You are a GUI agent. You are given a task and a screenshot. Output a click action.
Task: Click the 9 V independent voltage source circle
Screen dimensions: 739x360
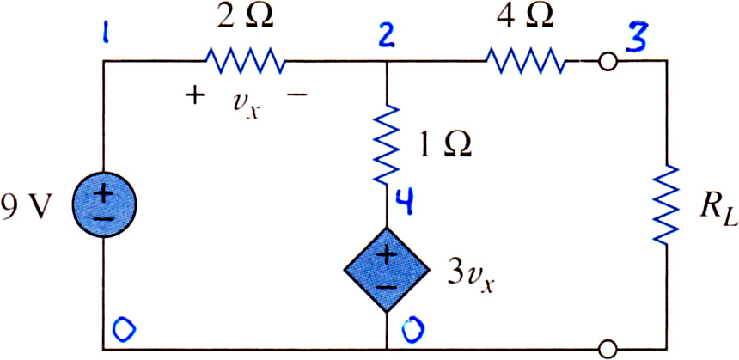[x=104, y=205]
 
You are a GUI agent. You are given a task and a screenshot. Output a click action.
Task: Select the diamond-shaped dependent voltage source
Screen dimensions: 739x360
[x=387, y=270]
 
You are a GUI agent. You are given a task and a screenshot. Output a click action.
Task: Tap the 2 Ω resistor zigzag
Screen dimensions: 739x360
[x=245, y=61]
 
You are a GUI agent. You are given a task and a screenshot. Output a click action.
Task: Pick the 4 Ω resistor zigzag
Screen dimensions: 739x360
[x=524, y=61]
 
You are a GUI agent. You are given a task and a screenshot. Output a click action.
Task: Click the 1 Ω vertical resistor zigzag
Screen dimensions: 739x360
[x=387, y=144]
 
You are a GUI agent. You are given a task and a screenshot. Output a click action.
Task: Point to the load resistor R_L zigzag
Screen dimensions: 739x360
[x=667, y=204]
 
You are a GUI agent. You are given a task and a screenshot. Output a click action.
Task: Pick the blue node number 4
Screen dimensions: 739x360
[x=403, y=201]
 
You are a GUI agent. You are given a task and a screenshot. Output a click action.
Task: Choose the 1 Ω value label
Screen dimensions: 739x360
[x=443, y=146]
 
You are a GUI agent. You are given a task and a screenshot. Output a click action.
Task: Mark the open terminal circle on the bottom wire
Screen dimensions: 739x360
[x=608, y=350]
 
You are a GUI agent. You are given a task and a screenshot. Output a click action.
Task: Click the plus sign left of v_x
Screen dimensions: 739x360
[x=197, y=95]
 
